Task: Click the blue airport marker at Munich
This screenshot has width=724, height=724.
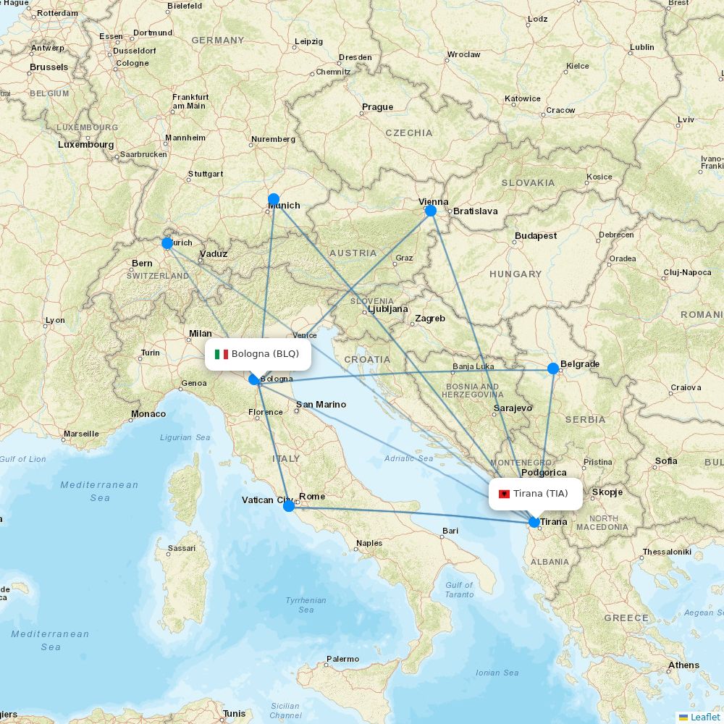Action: click(274, 199)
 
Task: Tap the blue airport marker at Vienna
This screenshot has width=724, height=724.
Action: click(431, 211)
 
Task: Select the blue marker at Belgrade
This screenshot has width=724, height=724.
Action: click(553, 369)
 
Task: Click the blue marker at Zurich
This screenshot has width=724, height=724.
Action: click(167, 243)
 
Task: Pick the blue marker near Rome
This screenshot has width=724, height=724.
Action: click(289, 505)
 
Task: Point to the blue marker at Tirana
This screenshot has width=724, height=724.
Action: click(534, 522)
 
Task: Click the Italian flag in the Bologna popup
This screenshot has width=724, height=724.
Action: click(222, 354)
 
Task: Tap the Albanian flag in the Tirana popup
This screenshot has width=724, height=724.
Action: click(505, 494)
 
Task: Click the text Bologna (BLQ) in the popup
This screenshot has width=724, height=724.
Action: click(265, 353)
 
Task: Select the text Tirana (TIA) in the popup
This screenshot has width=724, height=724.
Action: click(541, 494)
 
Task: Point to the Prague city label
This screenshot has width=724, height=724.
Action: click(377, 107)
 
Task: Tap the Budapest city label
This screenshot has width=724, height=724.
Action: click(536, 236)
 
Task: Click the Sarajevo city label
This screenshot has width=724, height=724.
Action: click(513, 408)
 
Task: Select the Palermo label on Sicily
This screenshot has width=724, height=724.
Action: click(342, 659)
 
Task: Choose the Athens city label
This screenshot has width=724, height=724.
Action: click(684, 665)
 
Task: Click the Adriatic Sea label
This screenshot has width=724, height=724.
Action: click(409, 458)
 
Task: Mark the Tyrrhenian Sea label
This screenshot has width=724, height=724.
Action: click(306, 605)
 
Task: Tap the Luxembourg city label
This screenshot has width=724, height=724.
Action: click(86, 145)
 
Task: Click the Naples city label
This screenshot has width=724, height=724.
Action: click(369, 543)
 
